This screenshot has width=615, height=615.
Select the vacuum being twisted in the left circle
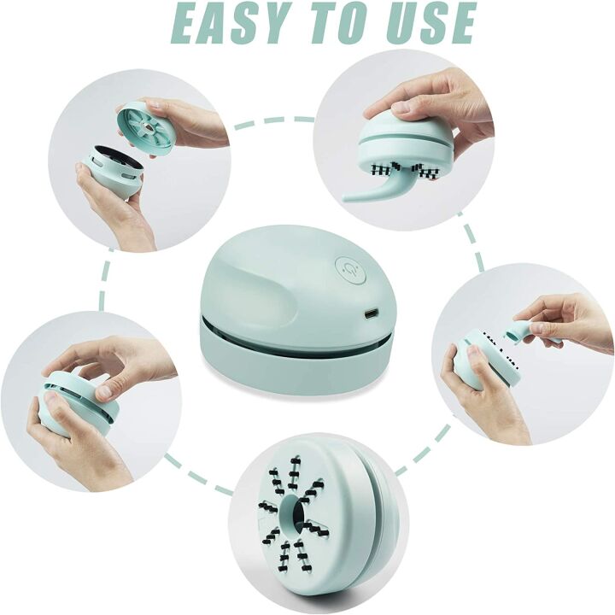pyautogui.click(x=77, y=401)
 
